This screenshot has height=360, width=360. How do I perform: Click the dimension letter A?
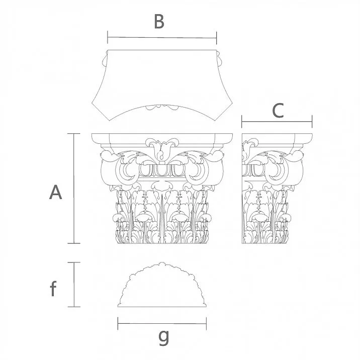[x=55, y=192]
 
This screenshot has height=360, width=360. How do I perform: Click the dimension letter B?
[x=159, y=22]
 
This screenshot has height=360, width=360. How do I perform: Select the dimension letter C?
[x=278, y=111]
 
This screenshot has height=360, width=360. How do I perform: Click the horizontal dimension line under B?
[x=162, y=37]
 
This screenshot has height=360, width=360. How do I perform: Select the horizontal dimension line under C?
[x=277, y=121]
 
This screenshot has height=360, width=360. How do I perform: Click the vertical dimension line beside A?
[x=74, y=189]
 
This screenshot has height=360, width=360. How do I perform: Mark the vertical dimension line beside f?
[x=74, y=284]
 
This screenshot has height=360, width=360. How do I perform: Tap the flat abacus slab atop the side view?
[x=277, y=137]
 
